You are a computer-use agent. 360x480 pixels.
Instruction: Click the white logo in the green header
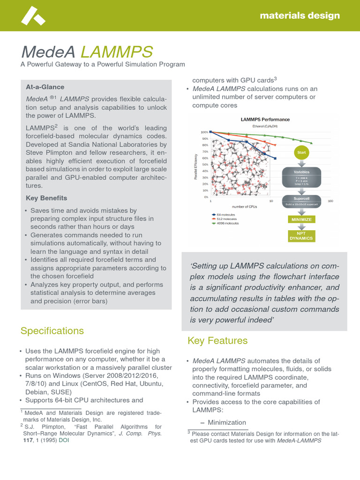33,16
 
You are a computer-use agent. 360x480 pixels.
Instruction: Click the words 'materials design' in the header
300,15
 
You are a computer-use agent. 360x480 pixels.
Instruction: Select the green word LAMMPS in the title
117,52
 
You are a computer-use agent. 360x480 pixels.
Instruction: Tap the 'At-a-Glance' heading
45,87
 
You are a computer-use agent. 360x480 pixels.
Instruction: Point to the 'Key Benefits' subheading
46,198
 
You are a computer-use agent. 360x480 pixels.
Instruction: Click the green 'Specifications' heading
52,331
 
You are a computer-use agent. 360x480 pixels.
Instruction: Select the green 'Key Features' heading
217,341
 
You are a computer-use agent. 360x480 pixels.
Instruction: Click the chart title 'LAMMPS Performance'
265,120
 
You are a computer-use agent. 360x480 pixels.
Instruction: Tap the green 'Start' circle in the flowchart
301,152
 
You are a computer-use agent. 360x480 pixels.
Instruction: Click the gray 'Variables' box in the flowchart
302,172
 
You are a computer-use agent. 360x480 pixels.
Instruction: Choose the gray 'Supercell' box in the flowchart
302,199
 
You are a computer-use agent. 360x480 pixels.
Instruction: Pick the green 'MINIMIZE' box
301,219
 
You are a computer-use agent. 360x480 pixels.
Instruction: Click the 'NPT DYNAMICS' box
301,235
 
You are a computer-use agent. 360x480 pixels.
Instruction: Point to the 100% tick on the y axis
204,132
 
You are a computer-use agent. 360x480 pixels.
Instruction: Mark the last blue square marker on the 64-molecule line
275,158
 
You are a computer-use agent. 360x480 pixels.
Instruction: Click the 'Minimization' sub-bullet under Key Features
226,422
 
